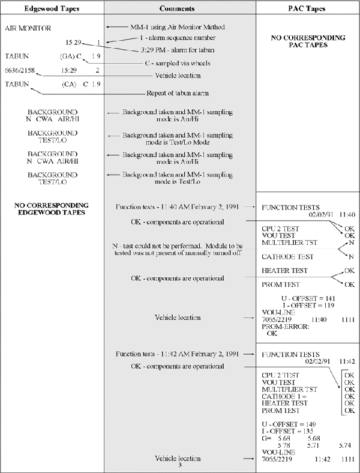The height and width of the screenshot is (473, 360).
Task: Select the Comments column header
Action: tap(179, 8)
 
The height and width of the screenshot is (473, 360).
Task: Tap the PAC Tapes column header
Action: tap(307, 8)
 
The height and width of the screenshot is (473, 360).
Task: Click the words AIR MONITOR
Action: tap(28, 28)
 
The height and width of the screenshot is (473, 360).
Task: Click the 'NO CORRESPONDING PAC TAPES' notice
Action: tap(308, 41)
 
